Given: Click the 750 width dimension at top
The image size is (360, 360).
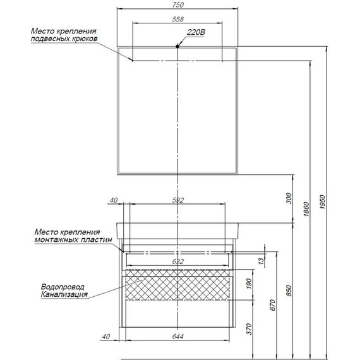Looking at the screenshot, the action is [177, 4].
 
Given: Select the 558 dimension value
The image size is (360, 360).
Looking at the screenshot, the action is [177, 19].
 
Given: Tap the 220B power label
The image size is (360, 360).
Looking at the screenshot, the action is [196, 32].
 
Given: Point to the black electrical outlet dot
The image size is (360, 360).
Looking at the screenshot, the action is [177, 46].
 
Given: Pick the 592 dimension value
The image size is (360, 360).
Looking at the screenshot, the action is [177, 200].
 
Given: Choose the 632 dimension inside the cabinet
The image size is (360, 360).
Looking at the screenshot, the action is [177, 261].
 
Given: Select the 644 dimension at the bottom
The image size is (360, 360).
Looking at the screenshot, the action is [177, 337].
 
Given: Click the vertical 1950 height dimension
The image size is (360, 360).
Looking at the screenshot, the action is [323, 202].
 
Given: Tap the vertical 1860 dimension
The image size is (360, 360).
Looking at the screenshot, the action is [306, 208].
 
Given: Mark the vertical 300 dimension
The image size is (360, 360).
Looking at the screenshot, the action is [289, 198].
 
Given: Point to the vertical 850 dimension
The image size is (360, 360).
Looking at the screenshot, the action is [289, 291].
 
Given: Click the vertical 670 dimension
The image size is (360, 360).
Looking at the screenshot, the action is [272, 305].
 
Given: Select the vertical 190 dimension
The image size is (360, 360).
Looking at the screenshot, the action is [249, 284].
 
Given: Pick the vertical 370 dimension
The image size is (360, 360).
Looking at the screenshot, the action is [249, 329].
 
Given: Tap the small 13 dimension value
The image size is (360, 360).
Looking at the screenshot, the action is [261, 261].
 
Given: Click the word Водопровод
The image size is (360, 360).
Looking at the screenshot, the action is [63, 287].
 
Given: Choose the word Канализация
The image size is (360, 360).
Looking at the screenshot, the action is [64, 294].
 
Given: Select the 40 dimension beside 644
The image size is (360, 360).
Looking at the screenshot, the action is [106, 337].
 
